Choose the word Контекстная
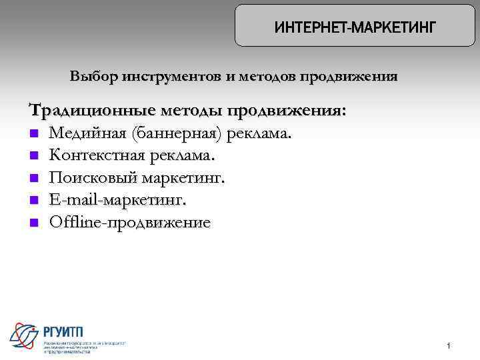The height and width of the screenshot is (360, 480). coord(98,156)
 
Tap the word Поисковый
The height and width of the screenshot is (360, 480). coord(91,179)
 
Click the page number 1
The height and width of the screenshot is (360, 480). coord(449,345)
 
